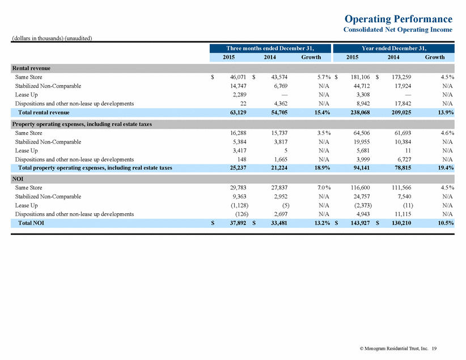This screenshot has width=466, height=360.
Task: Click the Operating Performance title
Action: (398, 19)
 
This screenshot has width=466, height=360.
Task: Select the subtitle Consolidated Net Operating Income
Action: (397, 29)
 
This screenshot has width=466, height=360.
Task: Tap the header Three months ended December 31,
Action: (270, 48)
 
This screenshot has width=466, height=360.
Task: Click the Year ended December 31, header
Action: (394, 48)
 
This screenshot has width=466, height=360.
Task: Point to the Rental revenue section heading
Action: (31, 68)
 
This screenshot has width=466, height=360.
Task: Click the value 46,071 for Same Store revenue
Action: (238, 77)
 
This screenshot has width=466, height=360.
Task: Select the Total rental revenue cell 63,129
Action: (238, 112)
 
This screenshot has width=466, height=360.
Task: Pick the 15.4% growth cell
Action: (322, 112)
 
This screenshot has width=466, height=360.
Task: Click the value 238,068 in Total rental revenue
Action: (360, 112)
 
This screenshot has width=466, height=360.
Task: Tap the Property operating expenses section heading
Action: (82, 124)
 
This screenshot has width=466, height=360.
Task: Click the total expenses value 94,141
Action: (361, 168)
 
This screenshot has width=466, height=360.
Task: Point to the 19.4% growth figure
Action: (446, 168)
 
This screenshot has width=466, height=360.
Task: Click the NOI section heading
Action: (18, 179)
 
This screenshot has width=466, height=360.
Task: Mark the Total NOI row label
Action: (31, 223)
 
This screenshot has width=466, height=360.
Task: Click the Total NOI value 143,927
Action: (360, 223)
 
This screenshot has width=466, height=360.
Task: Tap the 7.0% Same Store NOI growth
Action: (324, 188)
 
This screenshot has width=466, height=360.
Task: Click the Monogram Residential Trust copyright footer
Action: (398, 349)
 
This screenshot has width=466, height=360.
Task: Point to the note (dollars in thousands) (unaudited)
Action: (52, 38)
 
